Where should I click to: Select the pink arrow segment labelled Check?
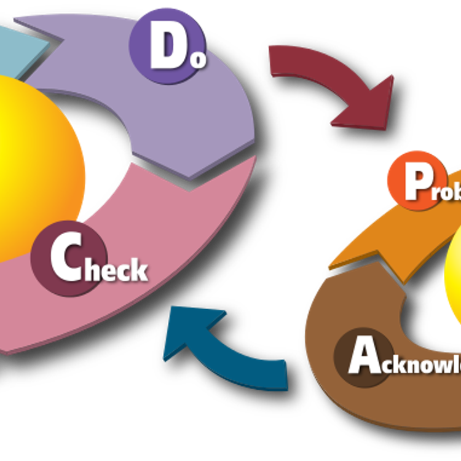(x=184, y=246)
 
